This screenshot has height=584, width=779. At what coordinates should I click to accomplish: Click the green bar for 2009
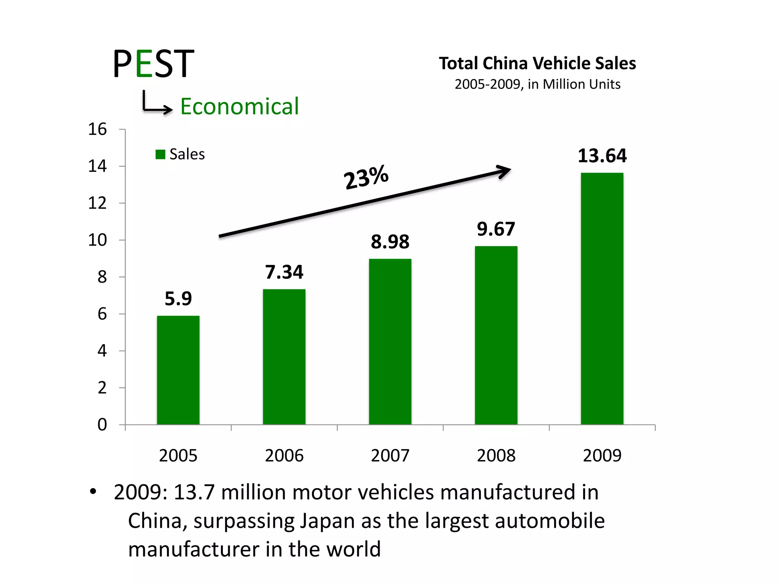602,298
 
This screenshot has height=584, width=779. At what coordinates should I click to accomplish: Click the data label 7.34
284,272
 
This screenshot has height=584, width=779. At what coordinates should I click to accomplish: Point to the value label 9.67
496,229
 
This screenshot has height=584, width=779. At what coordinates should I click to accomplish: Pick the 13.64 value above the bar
602,156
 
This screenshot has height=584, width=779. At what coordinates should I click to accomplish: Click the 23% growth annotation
366,177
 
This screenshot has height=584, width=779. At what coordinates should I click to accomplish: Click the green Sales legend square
160,154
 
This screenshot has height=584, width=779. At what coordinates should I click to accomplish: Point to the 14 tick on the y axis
97,166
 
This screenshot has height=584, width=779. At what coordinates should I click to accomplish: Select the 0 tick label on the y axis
102,425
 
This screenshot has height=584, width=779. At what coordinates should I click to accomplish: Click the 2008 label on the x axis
496,455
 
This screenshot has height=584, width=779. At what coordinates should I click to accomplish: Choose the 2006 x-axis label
284,455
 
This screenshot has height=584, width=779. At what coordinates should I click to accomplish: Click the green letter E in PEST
144,63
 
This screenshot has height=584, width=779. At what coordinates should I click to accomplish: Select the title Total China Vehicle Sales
537,63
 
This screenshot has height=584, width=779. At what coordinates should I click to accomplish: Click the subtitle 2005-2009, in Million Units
537,84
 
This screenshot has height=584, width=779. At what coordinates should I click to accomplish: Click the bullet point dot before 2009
93,492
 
